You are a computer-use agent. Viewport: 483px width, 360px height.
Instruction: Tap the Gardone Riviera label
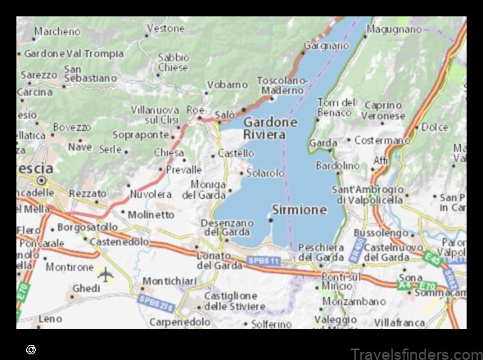pyautogui.click(x=270, y=128)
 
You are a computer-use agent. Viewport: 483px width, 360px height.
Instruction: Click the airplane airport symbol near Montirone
pyautogui.click(x=105, y=273)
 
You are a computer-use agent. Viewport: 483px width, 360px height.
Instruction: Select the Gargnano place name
pyautogui.click(x=327, y=45)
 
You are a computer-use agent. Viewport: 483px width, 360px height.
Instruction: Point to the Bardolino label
pyautogui.click(x=337, y=165)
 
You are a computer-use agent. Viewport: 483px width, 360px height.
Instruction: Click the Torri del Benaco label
pyautogui.click(x=337, y=106)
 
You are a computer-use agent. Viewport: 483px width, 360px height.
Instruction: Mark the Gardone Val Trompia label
pyautogui.click(x=74, y=53)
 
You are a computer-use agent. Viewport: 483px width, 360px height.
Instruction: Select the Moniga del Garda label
pyautogui.click(x=203, y=190)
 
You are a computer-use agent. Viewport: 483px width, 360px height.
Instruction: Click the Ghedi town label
pyautogui.click(x=85, y=288)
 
